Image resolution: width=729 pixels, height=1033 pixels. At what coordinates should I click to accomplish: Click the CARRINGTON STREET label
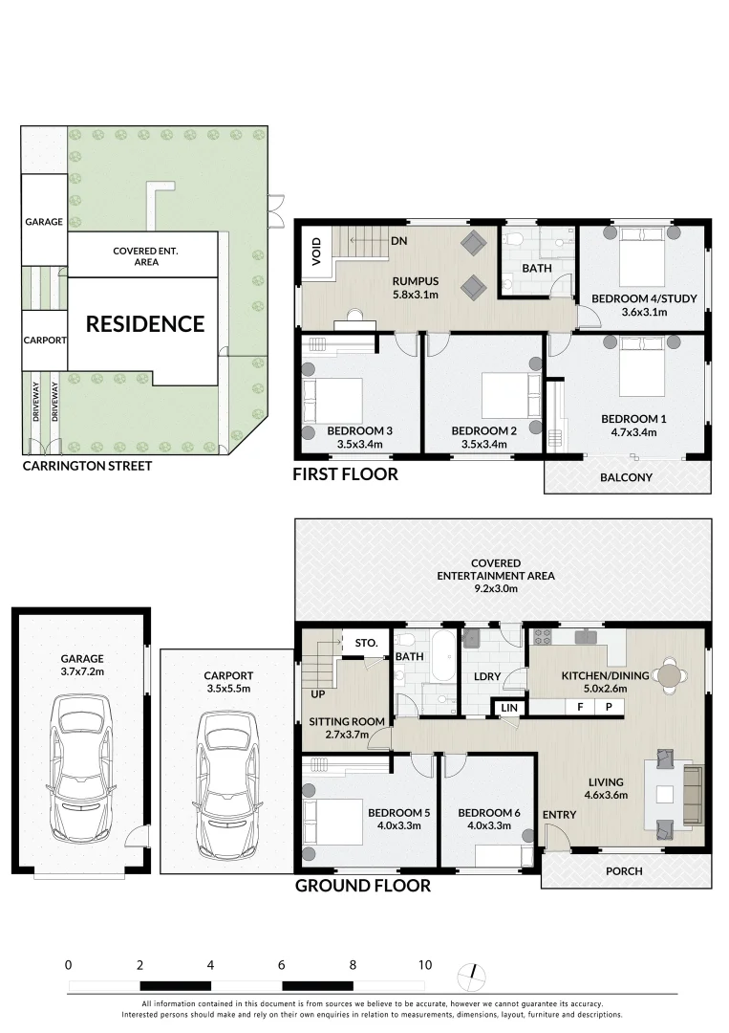(x=87, y=466)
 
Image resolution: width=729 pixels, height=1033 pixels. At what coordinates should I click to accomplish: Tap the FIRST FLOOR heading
(x=346, y=474)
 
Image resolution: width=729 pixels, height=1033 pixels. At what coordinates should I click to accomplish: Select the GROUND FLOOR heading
(x=362, y=886)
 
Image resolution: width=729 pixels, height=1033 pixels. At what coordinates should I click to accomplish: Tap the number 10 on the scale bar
(x=424, y=965)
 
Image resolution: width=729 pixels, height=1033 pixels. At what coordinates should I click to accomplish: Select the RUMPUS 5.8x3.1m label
(x=415, y=288)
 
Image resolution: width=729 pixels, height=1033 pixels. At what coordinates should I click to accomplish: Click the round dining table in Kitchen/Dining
(x=672, y=676)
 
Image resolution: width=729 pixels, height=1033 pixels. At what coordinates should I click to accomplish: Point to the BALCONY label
(x=627, y=477)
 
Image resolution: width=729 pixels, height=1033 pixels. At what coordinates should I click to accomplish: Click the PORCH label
(x=625, y=871)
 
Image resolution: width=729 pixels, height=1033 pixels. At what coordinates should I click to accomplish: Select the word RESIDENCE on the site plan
(x=145, y=324)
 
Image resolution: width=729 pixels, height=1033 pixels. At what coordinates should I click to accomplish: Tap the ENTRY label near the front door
(x=559, y=814)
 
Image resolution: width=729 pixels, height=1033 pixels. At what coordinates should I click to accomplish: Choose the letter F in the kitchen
(x=579, y=707)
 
